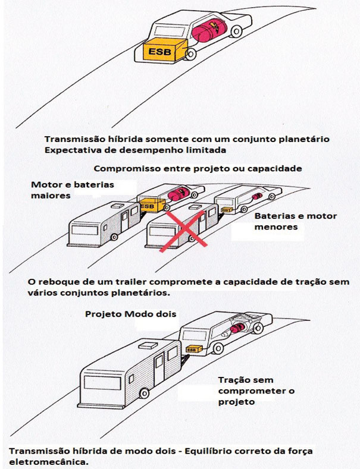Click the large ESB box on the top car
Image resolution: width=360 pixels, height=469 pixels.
161,52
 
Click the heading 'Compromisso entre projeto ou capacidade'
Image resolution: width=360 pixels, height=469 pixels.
198,168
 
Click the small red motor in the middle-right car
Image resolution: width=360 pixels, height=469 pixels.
257,196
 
